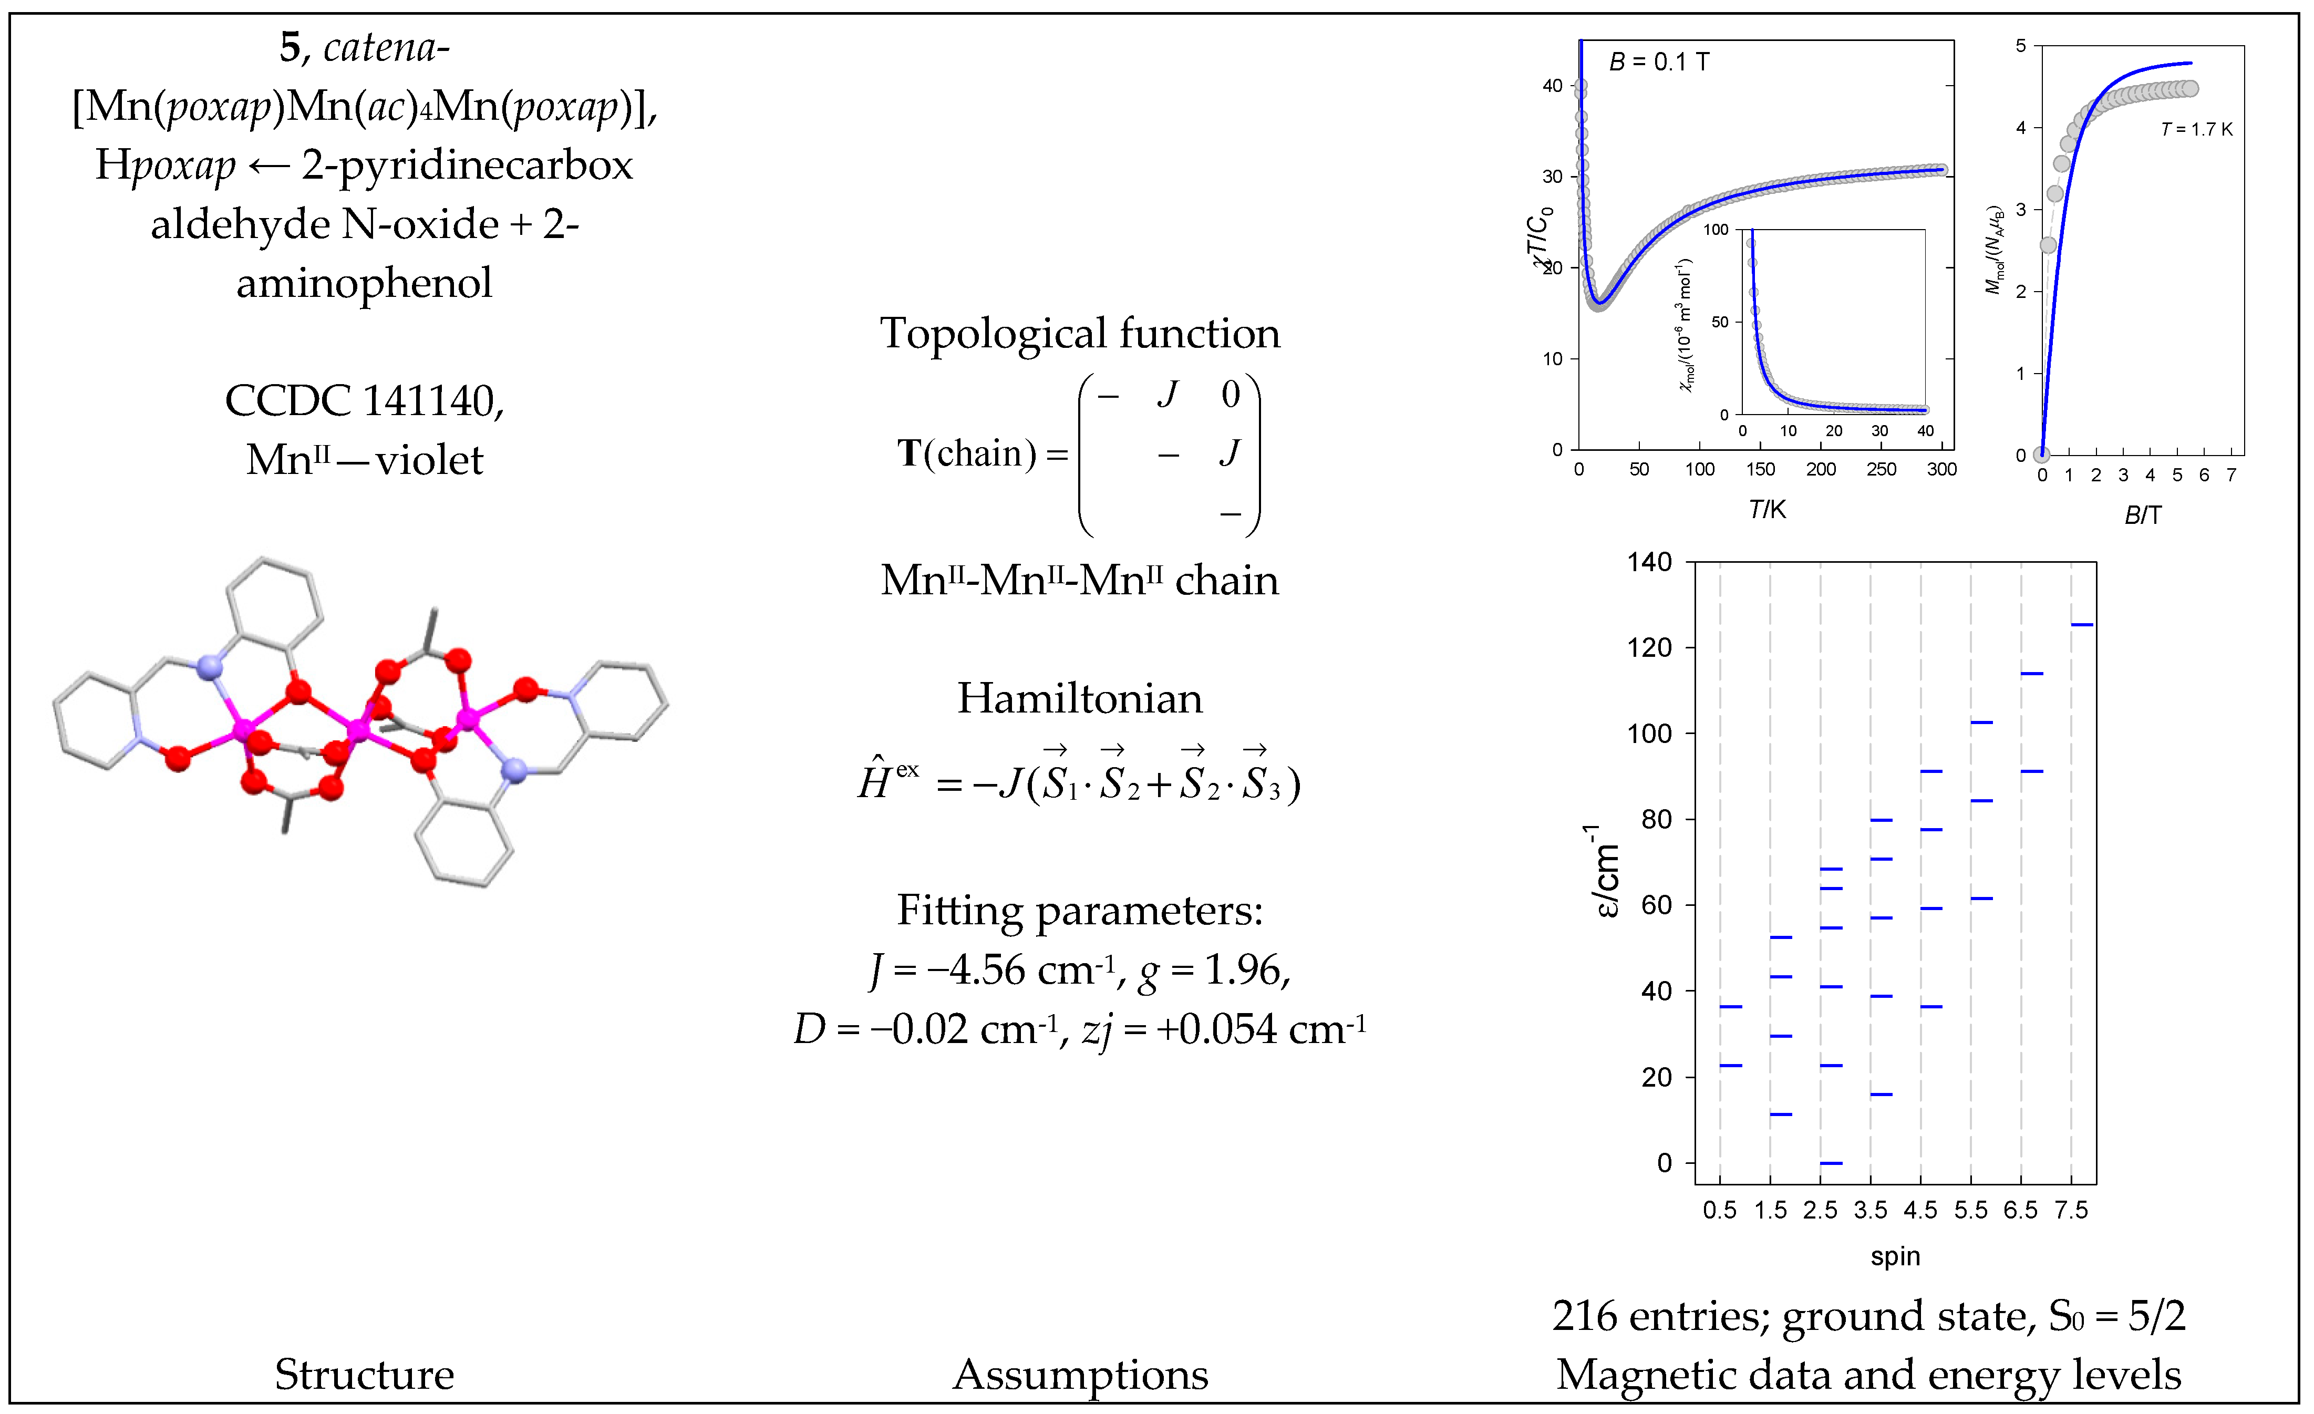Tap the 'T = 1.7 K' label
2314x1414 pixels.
(x=2196, y=130)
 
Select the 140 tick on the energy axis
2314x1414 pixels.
(x=1649, y=562)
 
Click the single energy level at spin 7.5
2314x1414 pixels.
(x=2082, y=624)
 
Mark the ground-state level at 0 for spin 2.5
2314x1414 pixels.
(x=1831, y=1163)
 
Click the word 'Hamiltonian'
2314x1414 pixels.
(x=1079, y=698)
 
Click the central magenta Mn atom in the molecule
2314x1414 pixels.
(x=358, y=729)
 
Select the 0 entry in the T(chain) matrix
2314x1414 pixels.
(x=1230, y=394)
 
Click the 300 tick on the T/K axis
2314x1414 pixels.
(x=1941, y=469)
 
